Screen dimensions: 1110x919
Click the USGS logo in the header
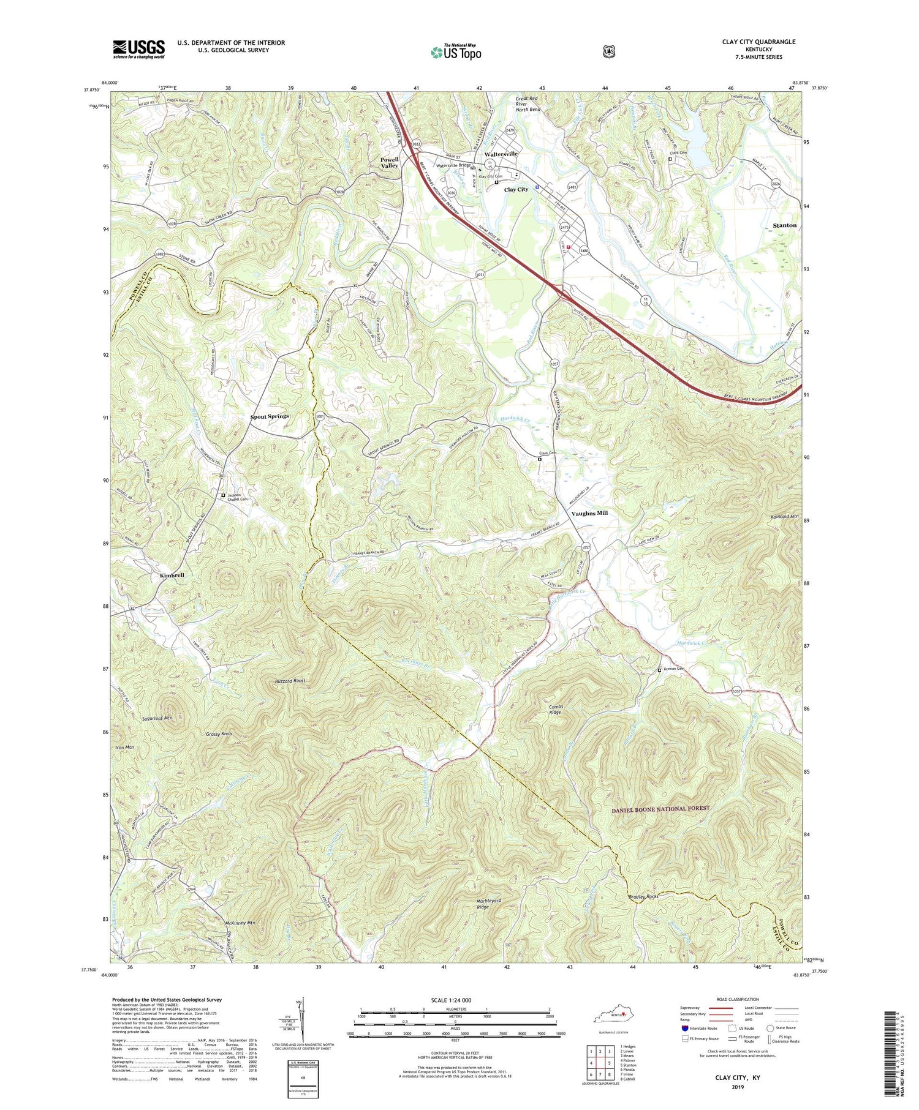point(138,49)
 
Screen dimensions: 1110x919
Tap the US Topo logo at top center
point(456,52)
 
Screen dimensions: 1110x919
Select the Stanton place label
point(784,225)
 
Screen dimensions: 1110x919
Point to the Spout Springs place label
point(269,416)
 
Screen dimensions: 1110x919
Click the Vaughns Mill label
point(589,513)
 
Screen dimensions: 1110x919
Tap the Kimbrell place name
point(172,576)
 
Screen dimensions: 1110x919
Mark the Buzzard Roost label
point(290,681)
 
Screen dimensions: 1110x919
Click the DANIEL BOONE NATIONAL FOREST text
point(660,808)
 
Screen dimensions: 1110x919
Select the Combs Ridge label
point(555,709)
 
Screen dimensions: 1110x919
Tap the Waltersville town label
point(501,154)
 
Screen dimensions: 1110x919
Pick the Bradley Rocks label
point(643,897)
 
